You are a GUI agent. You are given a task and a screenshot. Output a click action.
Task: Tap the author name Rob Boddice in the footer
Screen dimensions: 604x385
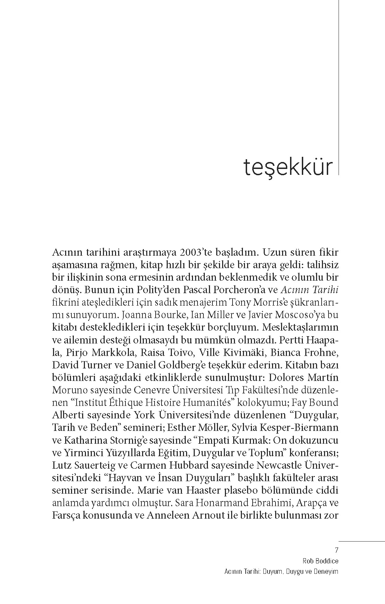click(x=320, y=561)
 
